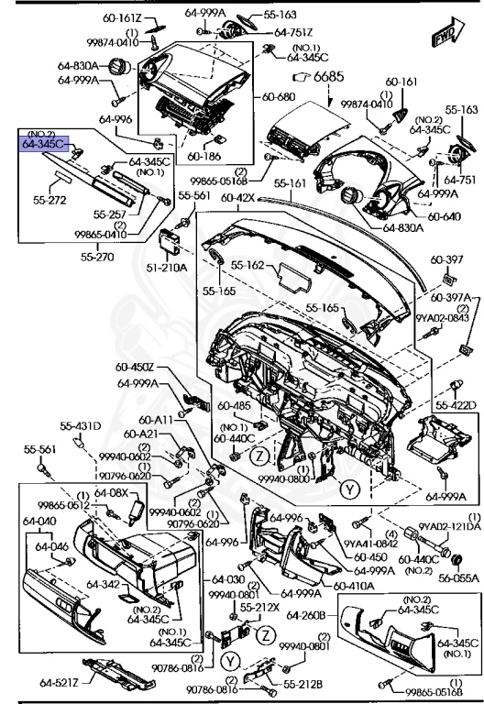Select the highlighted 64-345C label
(45, 143)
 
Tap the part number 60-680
(279, 96)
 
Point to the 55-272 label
(52, 197)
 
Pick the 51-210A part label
(168, 267)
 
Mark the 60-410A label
(353, 585)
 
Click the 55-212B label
(302, 683)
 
